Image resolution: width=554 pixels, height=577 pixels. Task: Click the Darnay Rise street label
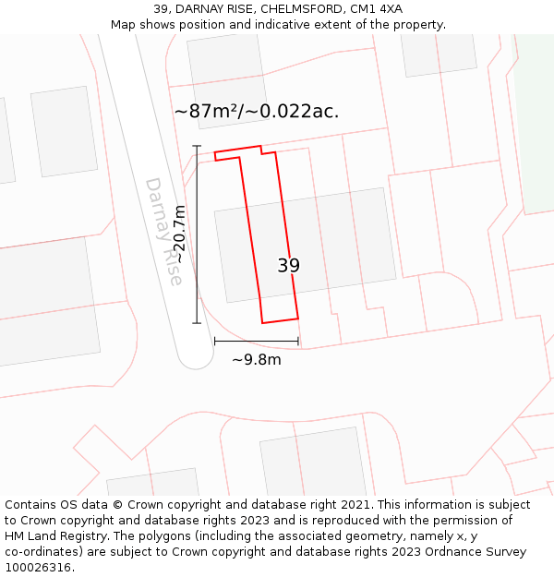163,231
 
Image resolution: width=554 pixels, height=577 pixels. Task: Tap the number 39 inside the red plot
288,266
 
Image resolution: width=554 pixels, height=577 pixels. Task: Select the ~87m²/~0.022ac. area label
257,112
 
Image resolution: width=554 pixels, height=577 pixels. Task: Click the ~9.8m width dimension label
257,359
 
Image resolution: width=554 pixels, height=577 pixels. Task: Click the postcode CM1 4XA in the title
376,9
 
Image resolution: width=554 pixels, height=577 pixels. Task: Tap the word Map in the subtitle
124,25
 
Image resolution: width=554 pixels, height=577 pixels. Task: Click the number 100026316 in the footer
38,568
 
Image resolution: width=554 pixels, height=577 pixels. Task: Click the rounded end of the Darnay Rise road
196,353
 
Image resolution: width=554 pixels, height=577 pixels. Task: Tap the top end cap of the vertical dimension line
197,146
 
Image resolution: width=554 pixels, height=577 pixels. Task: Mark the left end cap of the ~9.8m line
214,342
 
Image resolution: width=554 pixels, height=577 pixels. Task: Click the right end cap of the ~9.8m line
298,342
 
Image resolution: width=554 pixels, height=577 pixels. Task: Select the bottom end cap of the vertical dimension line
197,323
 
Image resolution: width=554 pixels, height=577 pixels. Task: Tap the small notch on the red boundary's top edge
261,150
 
